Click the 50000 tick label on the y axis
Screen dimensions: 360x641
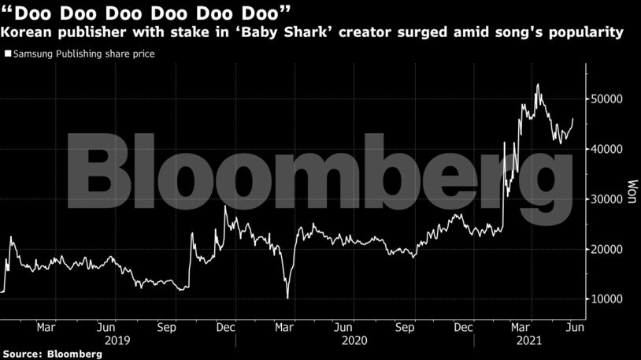point(609,99)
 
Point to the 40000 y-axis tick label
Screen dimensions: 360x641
point(609,149)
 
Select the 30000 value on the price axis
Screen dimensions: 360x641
point(609,199)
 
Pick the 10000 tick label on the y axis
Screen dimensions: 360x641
point(609,299)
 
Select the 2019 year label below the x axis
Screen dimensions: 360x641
point(117,340)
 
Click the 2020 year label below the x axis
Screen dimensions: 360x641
point(354,340)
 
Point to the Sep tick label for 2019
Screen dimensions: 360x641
point(167,326)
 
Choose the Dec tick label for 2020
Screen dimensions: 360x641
point(463,326)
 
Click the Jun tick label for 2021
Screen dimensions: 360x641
point(576,326)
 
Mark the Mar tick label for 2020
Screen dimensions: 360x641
point(283,326)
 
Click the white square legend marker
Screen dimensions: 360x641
point(8,54)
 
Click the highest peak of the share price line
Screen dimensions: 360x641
point(538,84)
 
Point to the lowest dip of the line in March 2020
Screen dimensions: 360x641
point(287,298)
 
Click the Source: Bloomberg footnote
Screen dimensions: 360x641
point(52,354)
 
